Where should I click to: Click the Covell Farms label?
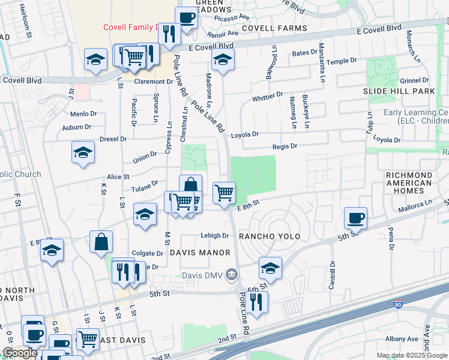pos(274,28)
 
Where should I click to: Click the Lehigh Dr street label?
pos(215,236)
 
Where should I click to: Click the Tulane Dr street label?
pos(146,185)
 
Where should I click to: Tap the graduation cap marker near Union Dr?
pos(83,153)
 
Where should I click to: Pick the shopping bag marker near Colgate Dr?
pos(101,242)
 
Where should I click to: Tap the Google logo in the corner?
pos(20,353)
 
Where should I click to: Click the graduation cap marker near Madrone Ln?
pos(223,60)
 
